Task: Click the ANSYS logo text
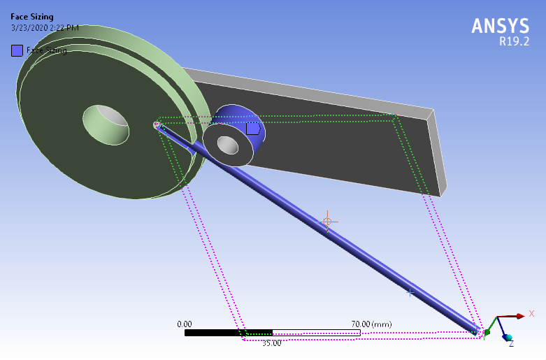click(500, 26)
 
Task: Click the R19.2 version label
click(514, 41)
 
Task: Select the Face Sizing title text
click(31, 17)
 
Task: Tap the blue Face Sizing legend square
click(17, 50)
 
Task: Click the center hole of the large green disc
click(107, 124)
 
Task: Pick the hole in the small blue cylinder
click(228, 145)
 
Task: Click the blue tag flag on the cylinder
click(253, 129)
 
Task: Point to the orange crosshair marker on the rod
click(326, 221)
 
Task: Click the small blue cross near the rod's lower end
click(410, 291)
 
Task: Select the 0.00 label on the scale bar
click(185, 324)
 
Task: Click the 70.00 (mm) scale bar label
click(371, 324)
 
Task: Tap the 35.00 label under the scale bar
click(271, 343)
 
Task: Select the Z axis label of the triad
click(511, 343)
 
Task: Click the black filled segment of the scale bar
click(228, 333)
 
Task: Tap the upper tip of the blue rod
click(157, 126)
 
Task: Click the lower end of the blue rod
click(477, 331)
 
